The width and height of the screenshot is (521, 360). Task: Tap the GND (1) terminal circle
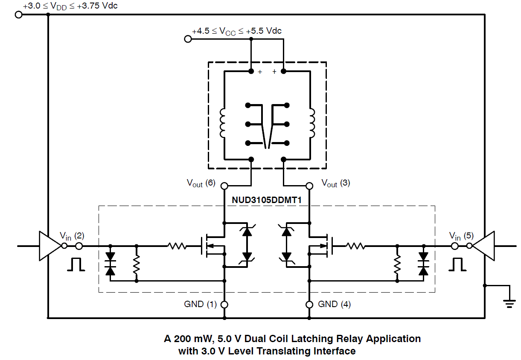point(224,305)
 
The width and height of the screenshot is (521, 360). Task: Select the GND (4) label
point(334,304)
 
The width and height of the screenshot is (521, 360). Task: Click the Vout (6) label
point(201,183)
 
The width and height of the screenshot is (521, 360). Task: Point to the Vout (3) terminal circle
point(310,186)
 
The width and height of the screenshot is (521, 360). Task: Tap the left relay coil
point(223,124)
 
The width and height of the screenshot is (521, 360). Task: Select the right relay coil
point(311,124)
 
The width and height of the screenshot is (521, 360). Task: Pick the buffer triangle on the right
point(483,246)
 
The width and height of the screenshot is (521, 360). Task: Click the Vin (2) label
point(72,235)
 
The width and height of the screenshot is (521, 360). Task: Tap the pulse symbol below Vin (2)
point(76,264)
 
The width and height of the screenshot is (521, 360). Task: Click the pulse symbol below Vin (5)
point(457,264)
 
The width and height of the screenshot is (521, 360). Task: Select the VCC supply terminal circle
point(187,39)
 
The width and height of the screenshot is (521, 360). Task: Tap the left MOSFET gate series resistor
point(177,246)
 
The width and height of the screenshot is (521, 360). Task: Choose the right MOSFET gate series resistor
point(355,246)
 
